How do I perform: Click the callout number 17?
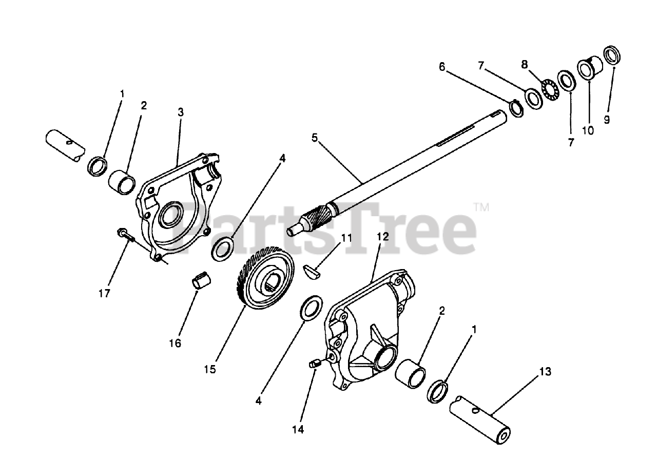pyautogui.click(x=104, y=294)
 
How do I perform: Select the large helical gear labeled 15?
pyautogui.click(x=265, y=277)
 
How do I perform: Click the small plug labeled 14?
pyautogui.click(x=315, y=364)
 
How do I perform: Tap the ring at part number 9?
pyautogui.click(x=610, y=55)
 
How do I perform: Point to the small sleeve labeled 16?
pyautogui.click(x=202, y=281)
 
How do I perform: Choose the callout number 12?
pyautogui.click(x=382, y=237)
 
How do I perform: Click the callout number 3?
pyautogui.click(x=181, y=111)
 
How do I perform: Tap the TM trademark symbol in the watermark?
pyautogui.click(x=481, y=207)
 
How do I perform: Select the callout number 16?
pyautogui.click(x=175, y=343)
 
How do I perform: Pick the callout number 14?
pyautogui.click(x=298, y=430)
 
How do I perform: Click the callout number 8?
pyautogui.click(x=524, y=64)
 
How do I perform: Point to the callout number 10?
pyautogui.click(x=588, y=130)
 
